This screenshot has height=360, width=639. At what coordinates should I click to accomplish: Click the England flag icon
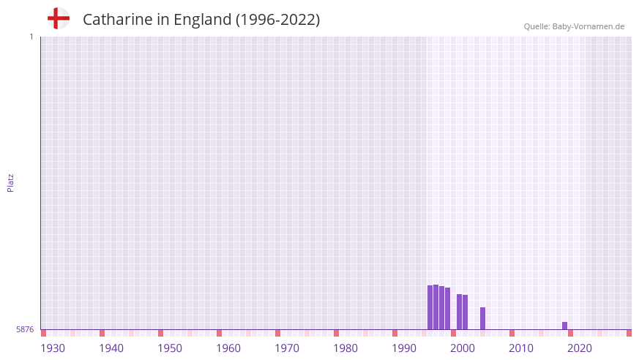58,18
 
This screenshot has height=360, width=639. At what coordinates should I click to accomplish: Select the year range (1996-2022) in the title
277,20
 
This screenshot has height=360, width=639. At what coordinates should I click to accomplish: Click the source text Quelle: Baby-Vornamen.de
574,26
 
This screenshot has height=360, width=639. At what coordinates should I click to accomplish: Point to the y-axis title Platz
10,182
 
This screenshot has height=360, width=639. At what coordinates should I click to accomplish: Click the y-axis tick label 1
31,37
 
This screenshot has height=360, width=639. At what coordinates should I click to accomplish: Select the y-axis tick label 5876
25,330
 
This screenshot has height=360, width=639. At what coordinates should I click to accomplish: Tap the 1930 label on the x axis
53,348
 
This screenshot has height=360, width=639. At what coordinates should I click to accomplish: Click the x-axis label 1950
170,348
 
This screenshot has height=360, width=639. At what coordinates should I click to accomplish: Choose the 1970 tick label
287,348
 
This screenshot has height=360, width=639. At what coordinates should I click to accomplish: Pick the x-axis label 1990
404,348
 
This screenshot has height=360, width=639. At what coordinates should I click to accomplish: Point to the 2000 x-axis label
463,348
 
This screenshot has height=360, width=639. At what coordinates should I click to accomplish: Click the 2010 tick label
521,348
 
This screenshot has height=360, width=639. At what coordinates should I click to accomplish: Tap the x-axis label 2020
580,348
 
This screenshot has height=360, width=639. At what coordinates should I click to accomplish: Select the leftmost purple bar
430,307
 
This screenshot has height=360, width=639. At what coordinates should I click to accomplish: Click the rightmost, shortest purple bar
564,326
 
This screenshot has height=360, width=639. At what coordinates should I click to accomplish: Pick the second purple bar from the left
436,307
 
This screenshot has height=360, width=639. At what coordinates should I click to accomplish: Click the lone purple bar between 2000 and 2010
482,318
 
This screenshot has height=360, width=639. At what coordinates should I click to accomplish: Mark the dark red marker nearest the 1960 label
219,333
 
